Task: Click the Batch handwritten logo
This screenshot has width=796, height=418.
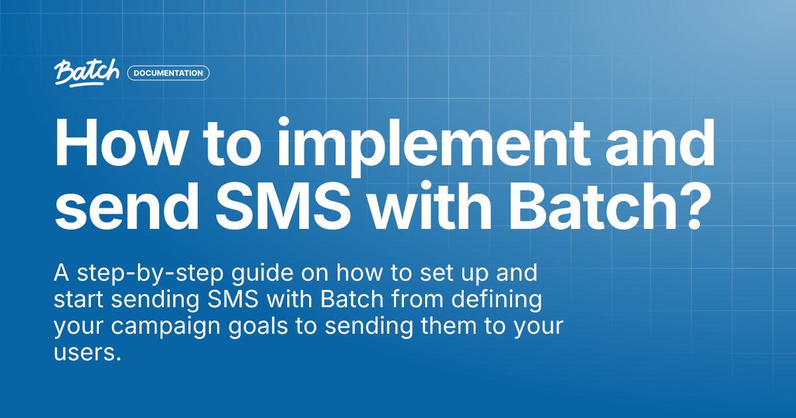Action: point(86,72)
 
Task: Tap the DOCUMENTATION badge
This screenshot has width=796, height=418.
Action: point(168,73)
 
